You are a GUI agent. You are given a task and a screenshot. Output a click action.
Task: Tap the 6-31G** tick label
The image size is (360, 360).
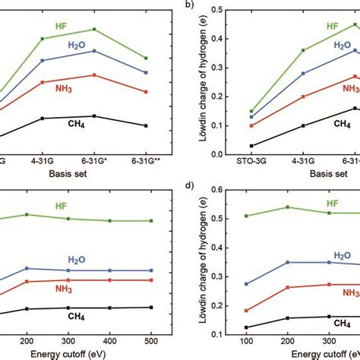[145, 161]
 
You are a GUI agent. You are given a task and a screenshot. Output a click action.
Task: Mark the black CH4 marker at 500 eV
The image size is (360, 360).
[151, 307]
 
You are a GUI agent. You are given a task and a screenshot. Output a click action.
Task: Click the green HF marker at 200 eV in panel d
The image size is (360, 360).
[286, 207]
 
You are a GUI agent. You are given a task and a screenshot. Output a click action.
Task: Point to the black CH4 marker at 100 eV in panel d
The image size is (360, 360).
[246, 327]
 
